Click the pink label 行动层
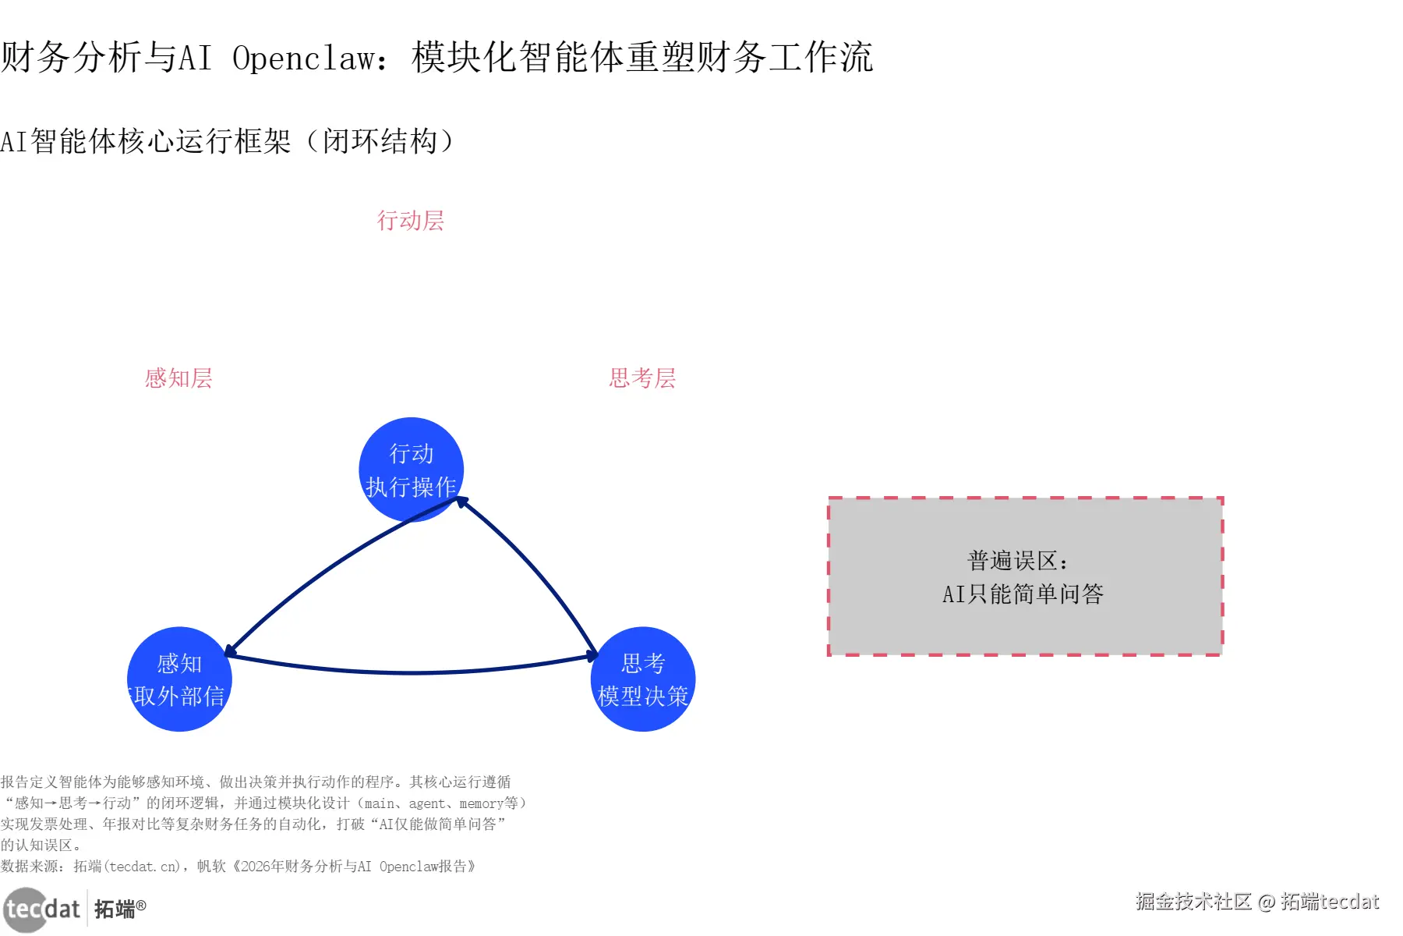click(411, 221)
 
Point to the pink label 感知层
click(178, 378)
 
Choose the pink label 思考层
click(642, 378)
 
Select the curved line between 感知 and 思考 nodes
click(412, 672)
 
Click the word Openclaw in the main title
click(304, 58)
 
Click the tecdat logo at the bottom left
click(43, 909)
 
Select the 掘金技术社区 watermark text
click(1193, 902)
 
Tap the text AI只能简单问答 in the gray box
click(1023, 594)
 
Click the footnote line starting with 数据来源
click(238, 867)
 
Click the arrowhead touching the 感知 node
click(229, 651)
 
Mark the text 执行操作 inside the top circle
click(411, 487)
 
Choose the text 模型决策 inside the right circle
click(643, 696)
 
